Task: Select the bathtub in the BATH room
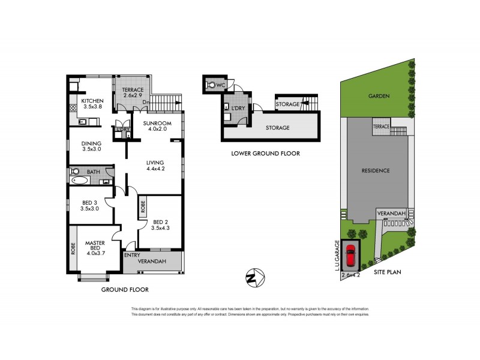pos(80,179)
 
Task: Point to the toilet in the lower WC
pos(209,85)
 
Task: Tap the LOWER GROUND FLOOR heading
pos(265,154)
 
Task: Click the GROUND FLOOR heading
pos(124,290)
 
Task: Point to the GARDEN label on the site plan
pos(379,96)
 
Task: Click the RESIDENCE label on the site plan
pos(376,170)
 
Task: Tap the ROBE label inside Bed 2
pos(143,207)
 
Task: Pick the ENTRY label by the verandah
pos(132,255)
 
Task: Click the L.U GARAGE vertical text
pos(338,254)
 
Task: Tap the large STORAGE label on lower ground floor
pos(278,128)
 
